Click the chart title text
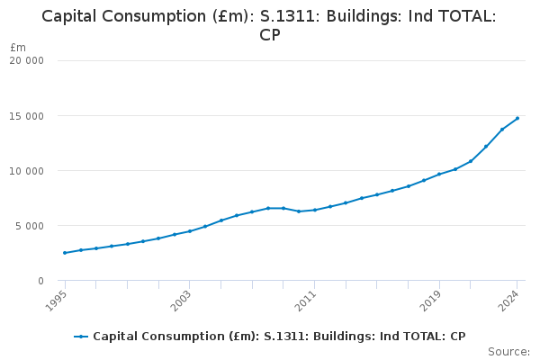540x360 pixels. [269, 25]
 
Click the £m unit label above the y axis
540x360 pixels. [18, 47]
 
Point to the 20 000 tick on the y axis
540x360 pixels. [26, 60]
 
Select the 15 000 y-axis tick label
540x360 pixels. [26, 116]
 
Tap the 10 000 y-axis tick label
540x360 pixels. [26, 171]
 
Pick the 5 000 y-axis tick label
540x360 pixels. [30, 226]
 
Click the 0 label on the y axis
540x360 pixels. [41, 281]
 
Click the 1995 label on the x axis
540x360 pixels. [56, 301]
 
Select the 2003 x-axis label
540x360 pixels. [181, 301]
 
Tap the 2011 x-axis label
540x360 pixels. [305, 301]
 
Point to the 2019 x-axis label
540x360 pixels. [430, 301]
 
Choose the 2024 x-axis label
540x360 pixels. [508, 301]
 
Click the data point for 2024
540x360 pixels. [517, 118]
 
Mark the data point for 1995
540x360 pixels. [65, 253]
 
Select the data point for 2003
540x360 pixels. [190, 231]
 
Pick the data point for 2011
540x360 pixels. [315, 210]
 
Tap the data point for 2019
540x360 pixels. [439, 174]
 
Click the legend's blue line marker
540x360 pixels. [81, 337]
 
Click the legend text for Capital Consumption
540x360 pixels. [279, 337]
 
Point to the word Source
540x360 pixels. [509, 352]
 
